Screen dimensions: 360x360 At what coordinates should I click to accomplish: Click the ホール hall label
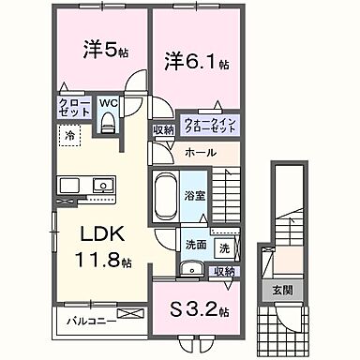[x=200, y=152]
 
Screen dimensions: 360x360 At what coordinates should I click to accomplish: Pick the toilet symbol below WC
[x=108, y=120]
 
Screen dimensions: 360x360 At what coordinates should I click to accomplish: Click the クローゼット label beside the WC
[x=74, y=108]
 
